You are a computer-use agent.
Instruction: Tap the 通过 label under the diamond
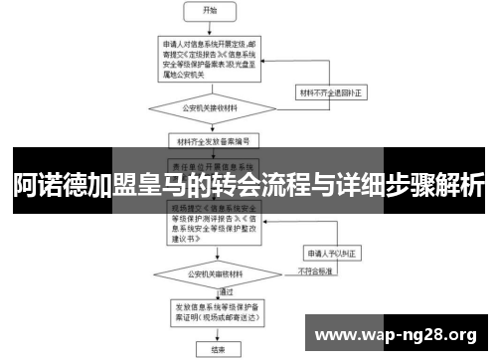[x=200, y=292]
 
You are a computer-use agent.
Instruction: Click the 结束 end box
[x=207, y=349]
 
